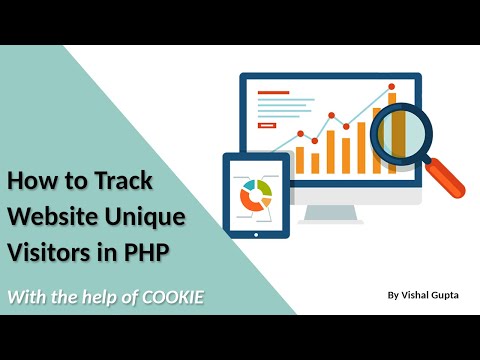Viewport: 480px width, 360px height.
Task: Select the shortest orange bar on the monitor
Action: click(315, 162)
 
